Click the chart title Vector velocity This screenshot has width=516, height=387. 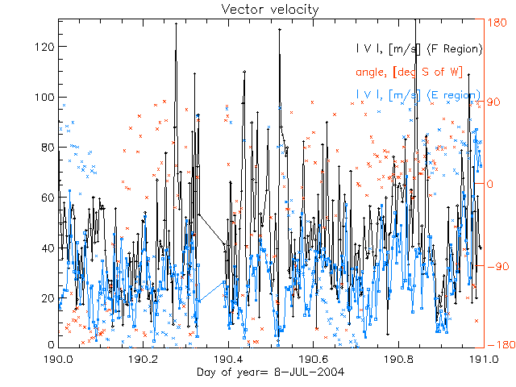coord(258,9)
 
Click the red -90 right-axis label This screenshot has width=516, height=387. coord(494,266)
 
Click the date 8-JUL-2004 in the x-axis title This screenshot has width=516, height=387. coord(293,372)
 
